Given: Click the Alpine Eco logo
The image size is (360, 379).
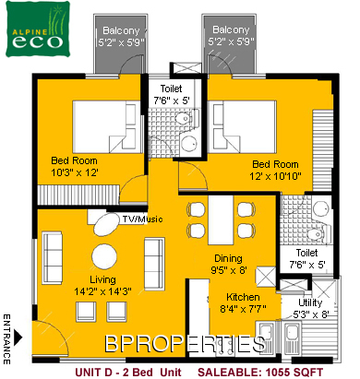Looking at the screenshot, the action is coord(38,30).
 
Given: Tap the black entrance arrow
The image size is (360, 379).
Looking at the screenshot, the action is coord(18,337).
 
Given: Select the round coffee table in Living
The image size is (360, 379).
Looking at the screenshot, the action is coord(104,256).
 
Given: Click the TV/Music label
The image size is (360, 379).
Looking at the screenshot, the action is coord(142,219).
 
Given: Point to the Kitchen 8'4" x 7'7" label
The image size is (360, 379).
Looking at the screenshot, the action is coord(243,302).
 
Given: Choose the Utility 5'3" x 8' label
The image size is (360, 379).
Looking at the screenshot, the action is coord(311,308).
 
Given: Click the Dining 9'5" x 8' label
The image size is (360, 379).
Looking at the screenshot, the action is coord(229,264).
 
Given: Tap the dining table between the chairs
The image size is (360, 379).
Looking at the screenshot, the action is coord(221,220).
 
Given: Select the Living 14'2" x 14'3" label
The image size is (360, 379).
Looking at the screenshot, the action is coord(102,285).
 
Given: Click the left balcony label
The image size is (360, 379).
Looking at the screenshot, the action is coord(121,36).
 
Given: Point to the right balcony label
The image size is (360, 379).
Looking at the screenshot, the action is coord(231,35).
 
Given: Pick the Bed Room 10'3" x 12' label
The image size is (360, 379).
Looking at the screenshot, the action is coord(74,166).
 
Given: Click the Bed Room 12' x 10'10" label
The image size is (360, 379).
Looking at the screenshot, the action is coord(275,170).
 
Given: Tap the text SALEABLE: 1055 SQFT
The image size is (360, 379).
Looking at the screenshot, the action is coord(260,373).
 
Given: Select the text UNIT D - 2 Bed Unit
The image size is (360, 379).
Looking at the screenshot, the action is coord(128,373).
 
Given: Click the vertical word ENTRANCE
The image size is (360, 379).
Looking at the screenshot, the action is coord(6,339).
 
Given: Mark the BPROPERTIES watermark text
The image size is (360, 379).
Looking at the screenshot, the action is coord(185,343).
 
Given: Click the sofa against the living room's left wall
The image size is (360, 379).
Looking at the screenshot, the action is coord(53,258).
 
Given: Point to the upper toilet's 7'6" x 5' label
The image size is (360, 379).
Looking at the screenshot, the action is coord(172,94).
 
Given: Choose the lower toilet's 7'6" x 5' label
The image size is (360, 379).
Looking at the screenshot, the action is coord(306,258).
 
